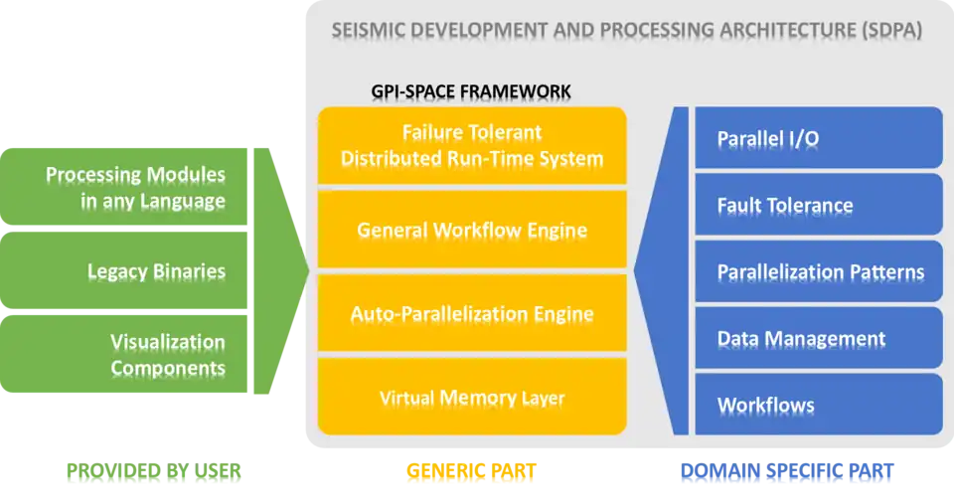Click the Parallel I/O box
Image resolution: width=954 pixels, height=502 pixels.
pyautogui.click(x=818, y=138)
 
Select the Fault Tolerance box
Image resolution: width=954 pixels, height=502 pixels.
pyautogui.click(x=818, y=206)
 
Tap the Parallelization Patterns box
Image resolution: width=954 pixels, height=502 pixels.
pyautogui.click(x=818, y=271)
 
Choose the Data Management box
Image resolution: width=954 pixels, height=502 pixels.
pyautogui.click(x=818, y=338)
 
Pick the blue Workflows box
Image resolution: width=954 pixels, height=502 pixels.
pyautogui.click(x=818, y=405)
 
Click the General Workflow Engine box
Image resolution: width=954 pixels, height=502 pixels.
pyautogui.click(x=472, y=231)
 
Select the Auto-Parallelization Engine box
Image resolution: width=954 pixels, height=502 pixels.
pyautogui.click(x=472, y=314)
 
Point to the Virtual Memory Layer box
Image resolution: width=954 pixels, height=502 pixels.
pyautogui.click(x=472, y=398)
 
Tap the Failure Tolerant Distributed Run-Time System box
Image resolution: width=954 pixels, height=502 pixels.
pyautogui.click(x=472, y=145)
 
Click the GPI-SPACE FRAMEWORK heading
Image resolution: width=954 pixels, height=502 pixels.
pyautogui.click(x=471, y=91)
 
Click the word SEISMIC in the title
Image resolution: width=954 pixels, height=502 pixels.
pyautogui.click(x=369, y=31)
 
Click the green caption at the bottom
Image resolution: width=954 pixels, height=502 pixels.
pyautogui.click(x=154, y=473)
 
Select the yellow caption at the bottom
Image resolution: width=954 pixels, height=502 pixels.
pyautogui.click(x=472, y=473)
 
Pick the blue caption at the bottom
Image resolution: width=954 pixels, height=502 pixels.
pyautogui.click(x=786, y=473)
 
